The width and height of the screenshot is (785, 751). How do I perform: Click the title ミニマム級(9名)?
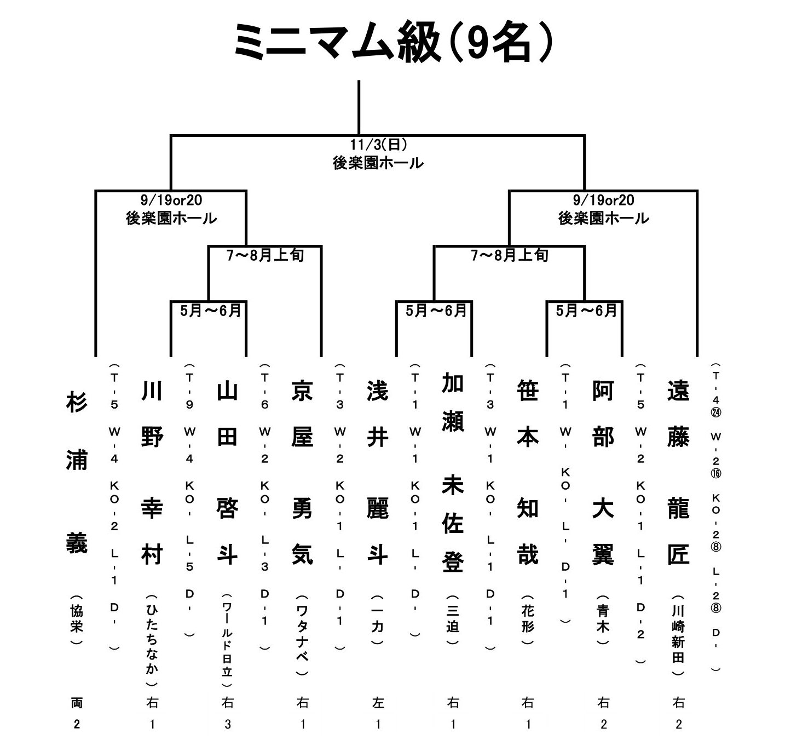point(392,43)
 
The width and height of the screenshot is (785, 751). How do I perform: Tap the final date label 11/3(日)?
point(378,145)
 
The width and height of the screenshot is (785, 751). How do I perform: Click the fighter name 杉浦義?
point(77,472)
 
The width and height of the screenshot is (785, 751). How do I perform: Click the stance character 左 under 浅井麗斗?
point(378,702)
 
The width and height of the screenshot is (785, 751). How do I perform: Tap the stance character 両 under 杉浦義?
point(77,702)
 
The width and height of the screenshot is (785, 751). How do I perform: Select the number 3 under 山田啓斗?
point(227,725)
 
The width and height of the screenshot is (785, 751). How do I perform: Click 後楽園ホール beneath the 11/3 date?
point(378,163)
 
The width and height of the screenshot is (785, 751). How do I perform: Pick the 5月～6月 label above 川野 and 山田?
point(211,311)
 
